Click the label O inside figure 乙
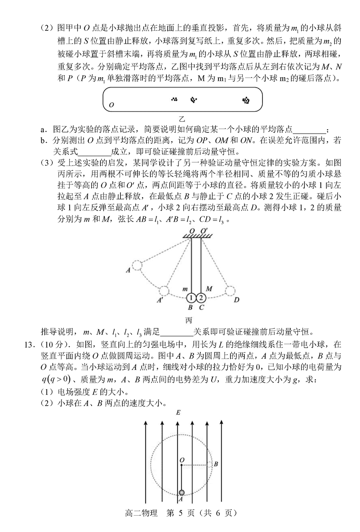(111, 105)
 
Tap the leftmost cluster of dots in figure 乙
(174, 99)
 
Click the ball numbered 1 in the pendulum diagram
(191, 298)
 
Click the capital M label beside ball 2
(208, 288)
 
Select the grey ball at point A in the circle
(182, 492)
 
